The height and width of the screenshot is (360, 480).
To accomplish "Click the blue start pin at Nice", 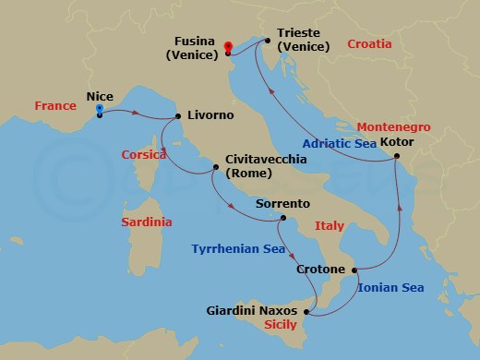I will (x=99, y=110).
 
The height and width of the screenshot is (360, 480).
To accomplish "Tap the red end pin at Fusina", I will (x=227, y=45).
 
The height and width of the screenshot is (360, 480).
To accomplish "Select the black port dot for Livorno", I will (x=177, y=115).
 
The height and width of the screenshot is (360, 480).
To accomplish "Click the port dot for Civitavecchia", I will (x=215, y=167).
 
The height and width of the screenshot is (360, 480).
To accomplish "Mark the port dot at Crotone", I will (x=354, y=270).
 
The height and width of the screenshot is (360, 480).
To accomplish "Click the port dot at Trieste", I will (x=267, y=41).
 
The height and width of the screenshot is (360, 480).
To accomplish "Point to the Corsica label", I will (x=141, y=155).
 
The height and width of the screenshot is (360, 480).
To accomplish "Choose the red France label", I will (x=54, y=106).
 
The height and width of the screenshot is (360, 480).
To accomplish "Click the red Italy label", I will (x=329, y=225).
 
